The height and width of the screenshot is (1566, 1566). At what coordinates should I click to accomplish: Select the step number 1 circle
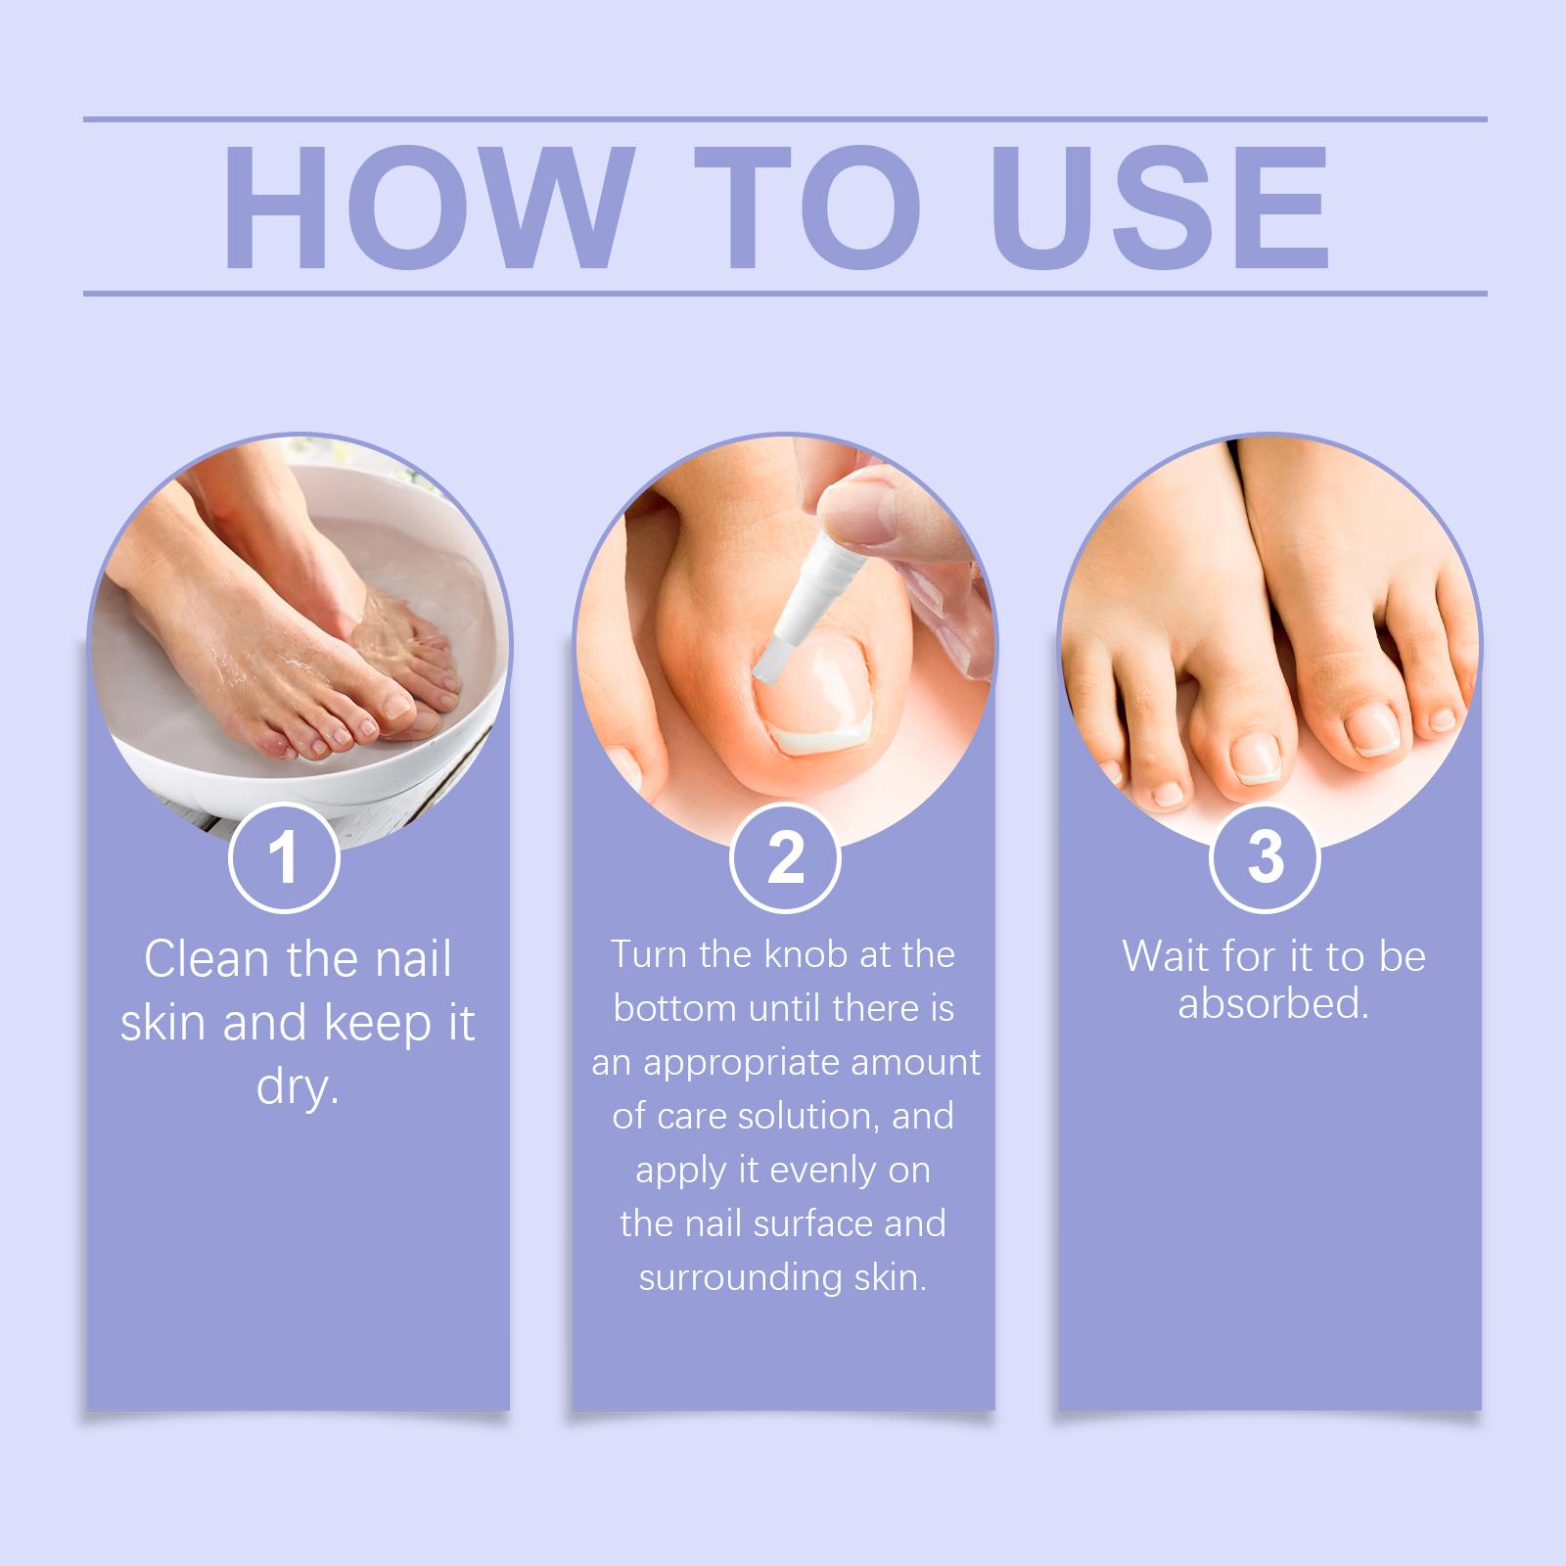(x=284, y=857)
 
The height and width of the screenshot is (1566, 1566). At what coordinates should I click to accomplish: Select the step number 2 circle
(x=785, y=857)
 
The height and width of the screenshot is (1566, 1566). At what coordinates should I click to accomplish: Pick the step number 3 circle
(x=1266, y=857)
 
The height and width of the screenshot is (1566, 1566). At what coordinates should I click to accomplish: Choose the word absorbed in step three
(x=1272, y=1004)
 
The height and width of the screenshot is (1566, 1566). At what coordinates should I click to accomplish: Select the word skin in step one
(x=163, y=1024)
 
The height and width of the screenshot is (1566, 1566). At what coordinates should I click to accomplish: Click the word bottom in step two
(x=675, y=1008)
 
